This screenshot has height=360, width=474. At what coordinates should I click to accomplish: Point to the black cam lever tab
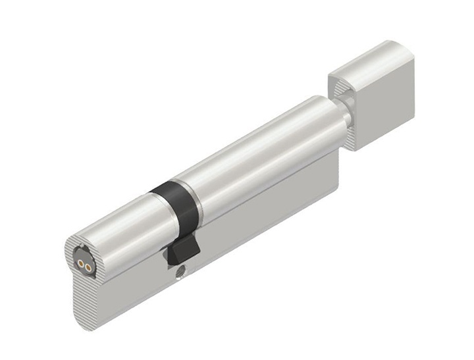181,251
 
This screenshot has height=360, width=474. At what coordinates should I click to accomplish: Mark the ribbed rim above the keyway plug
79,242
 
